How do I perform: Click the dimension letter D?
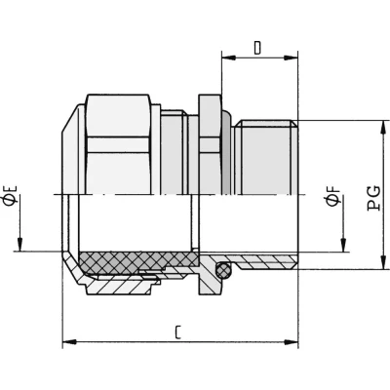257,48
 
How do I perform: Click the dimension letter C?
177,331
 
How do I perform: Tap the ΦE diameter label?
10,196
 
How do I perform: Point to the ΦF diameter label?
333,196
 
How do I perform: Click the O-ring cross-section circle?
223,270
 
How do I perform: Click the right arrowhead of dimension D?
291,58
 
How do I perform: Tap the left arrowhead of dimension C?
69,342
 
